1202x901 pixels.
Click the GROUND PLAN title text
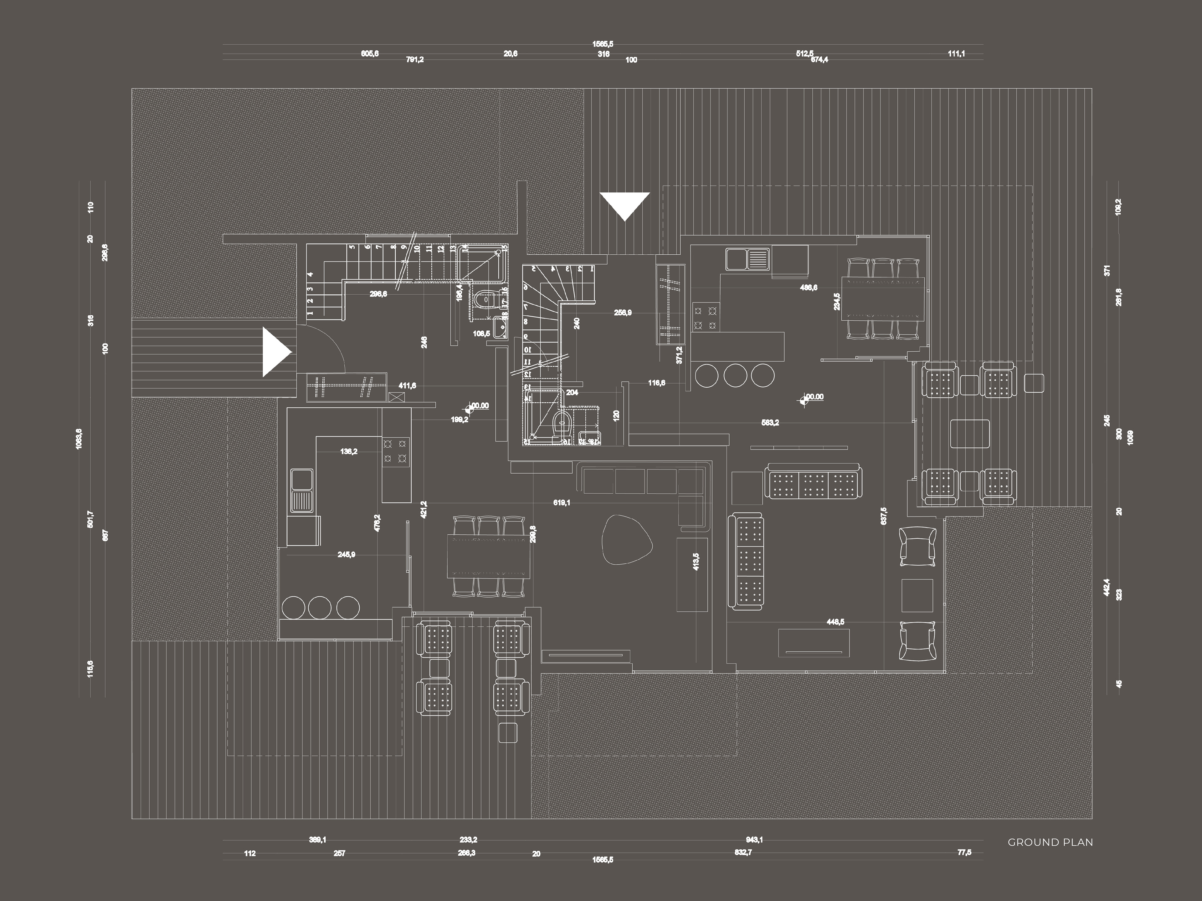[1050, 842]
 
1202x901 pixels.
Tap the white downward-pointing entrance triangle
[625, 204]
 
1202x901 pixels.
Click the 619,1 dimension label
[562, 503]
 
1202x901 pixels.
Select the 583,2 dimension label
[770, 423]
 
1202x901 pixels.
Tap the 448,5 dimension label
[835, 622]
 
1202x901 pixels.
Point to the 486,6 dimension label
[809, 288]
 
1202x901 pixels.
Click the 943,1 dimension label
[754, 840]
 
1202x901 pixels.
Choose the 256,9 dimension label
[623, 313]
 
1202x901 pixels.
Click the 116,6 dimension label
[656, 383]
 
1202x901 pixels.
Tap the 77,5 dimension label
[964, 853]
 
